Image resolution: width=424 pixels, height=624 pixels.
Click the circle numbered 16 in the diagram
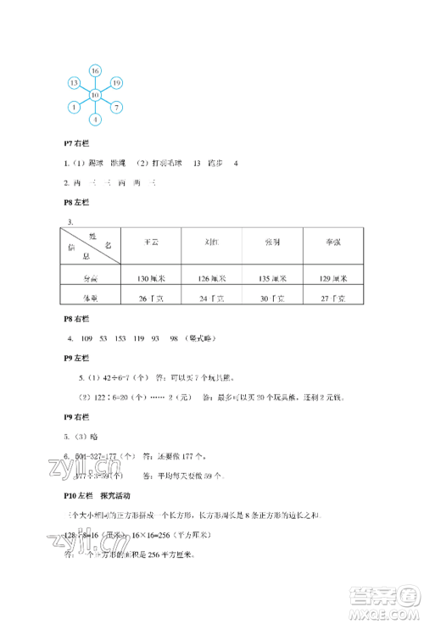pyautogui.click(x=95, y=70)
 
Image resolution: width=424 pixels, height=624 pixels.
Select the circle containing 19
pyautogui.click(x=117, y=82)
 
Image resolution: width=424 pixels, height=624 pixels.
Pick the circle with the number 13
pyautogui.click(x=75, y=82)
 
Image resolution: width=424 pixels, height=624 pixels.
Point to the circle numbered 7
pyautogui.click(x=117, y=107)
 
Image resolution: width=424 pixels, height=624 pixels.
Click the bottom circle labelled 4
pyautogui.click(x=95, y=119)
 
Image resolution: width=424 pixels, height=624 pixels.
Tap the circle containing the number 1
pyautogui.click(x=75, y=107)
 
